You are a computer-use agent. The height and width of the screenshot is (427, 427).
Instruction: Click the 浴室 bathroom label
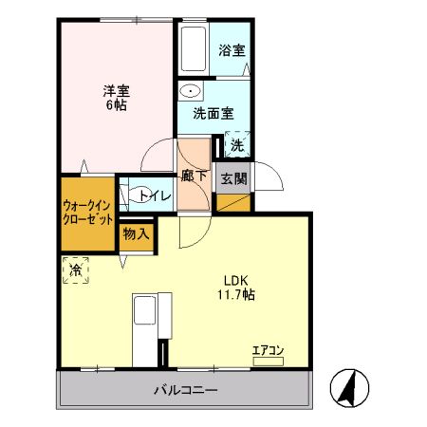coord(231,49)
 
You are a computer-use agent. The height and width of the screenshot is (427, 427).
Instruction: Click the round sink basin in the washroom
coord(192,92)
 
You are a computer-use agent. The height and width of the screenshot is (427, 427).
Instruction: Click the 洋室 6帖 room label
coord(117,98)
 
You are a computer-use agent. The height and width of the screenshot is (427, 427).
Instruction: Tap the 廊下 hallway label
coord(194,176)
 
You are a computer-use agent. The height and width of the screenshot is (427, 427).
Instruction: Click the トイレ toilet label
coord(156,195)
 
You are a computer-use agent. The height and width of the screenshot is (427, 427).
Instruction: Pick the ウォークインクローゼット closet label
coord(88,212)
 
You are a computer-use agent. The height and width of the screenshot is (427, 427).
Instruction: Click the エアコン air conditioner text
coord(268,350)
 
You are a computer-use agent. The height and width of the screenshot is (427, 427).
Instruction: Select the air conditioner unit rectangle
coord(269,361)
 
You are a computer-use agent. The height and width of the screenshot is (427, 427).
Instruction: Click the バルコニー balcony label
coord(187,389)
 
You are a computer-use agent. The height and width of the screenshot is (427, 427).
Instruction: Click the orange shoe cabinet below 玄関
coord(233,202)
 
